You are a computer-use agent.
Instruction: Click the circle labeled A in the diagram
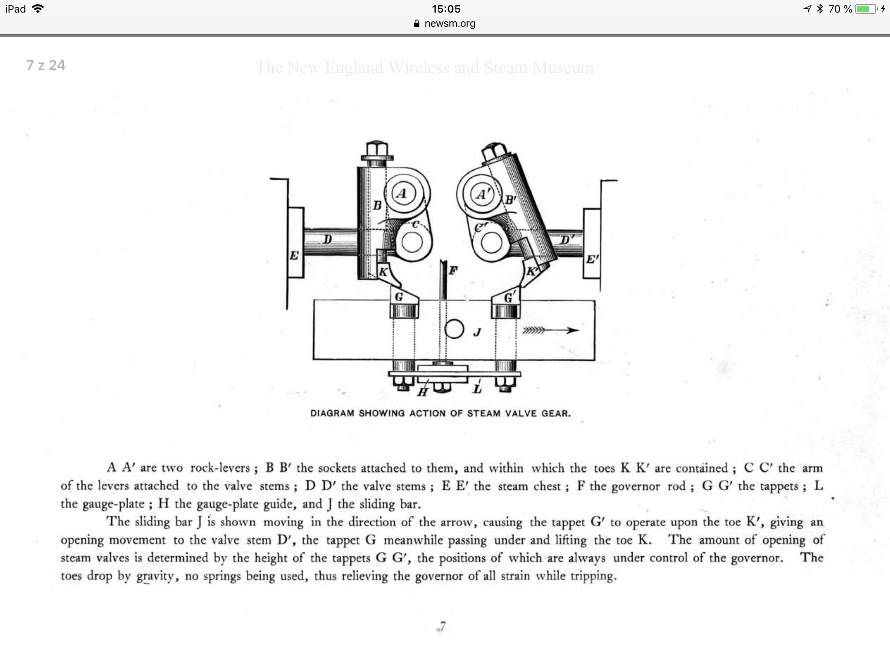click(x=402, y=194)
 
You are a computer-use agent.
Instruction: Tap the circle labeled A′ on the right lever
click(x=482, y=194)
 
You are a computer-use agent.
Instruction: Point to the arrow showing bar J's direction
click(x=550, y=330)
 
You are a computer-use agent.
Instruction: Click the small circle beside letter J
click(x=454, y=329)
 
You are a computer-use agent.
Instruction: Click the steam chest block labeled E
click(x=295, y=243)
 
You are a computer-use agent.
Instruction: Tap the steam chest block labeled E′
click(x=591, y=244)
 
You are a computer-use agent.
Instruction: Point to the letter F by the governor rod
click(x=453, y=271)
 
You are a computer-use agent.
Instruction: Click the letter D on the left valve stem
click(x=328, y=239)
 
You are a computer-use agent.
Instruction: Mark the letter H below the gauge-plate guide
click(x=422, y=393)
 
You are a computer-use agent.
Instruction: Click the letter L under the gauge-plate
click(x=477, y=389)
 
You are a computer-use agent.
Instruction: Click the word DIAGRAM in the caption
click(x=332, y=413)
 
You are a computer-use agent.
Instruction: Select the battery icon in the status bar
click(x=866, y=9)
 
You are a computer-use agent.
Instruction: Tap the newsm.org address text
click(x=450, y=23)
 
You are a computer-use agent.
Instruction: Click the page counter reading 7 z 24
click(x=46, y=65)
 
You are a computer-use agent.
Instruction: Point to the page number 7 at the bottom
click(x=442, y=627)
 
